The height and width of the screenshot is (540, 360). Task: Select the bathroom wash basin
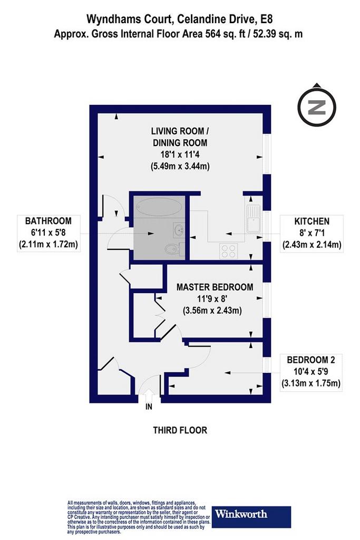pyautogui.click(x=179, y=230)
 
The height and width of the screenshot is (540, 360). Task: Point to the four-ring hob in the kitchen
pyautogui.click(x=229, y=252)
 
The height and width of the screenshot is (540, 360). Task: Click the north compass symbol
pyautogui.click(x=317, y=107)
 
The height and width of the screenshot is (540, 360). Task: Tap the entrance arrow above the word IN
pyautogui.click(x=149, y=395)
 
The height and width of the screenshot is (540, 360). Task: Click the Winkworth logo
pyautogui.click(x=251, y=517)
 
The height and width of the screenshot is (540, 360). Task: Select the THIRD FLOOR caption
pyautogui.click(x=180, y=430)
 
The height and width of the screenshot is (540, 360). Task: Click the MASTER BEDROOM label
pyautogui.click(x=215, y=287)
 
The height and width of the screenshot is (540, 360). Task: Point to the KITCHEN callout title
pyautogui.click(x=312, y=221)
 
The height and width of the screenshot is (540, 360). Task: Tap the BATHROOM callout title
pyautogui.click(x=48, y=221)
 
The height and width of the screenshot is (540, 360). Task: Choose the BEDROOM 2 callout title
pyautogui.click(x=311, y=360)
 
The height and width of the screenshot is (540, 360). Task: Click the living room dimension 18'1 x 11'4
pyautogui.click(x=180, y=155)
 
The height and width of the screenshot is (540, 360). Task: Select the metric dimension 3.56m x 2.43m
pyautogui.click(x=212, y=310)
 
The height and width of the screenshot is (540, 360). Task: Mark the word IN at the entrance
pyautogui.click(x=149, y=407)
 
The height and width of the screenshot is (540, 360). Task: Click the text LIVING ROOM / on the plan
pyautogui.click(x=180, y=131)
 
